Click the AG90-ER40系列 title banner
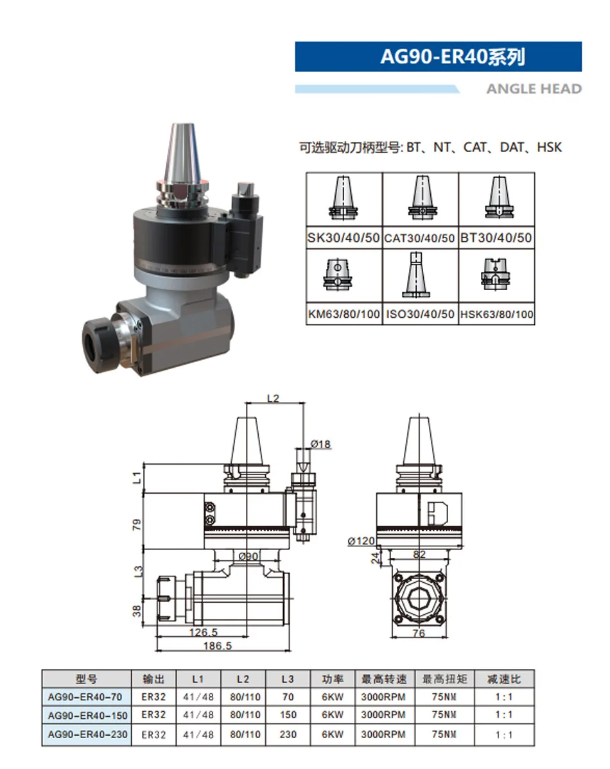pos(439,56)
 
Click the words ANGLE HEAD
pos(534,89)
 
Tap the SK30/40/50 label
pos(344,238)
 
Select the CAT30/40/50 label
pos(419,238)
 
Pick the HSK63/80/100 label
pos(496,315)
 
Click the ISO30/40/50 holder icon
pos(415,274)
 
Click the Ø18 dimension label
pos(320,444)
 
